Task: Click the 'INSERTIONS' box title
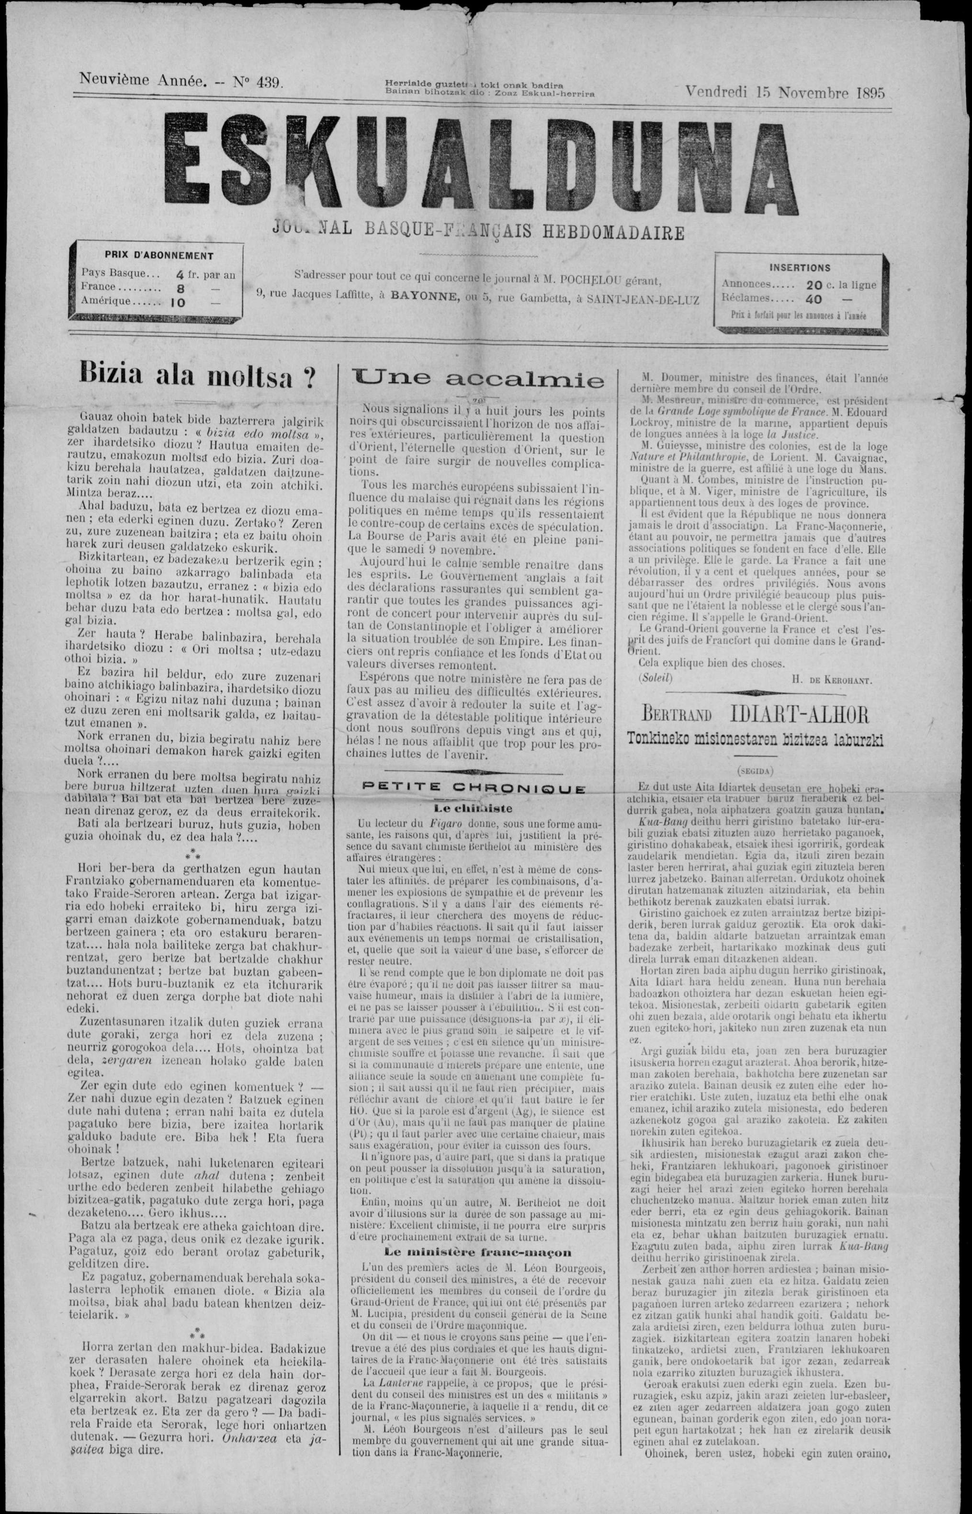800,268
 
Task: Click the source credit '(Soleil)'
655,678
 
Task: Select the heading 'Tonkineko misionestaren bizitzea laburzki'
754,739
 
